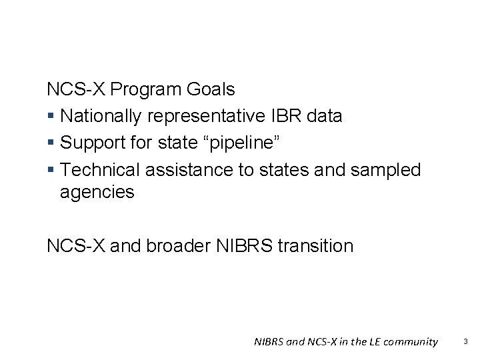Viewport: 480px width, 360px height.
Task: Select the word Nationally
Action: pos(101,116)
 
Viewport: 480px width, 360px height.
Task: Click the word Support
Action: pos(89,143)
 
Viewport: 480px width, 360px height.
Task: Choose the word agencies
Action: pos(97,193)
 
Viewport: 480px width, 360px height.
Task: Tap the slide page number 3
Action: pos(466,341)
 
